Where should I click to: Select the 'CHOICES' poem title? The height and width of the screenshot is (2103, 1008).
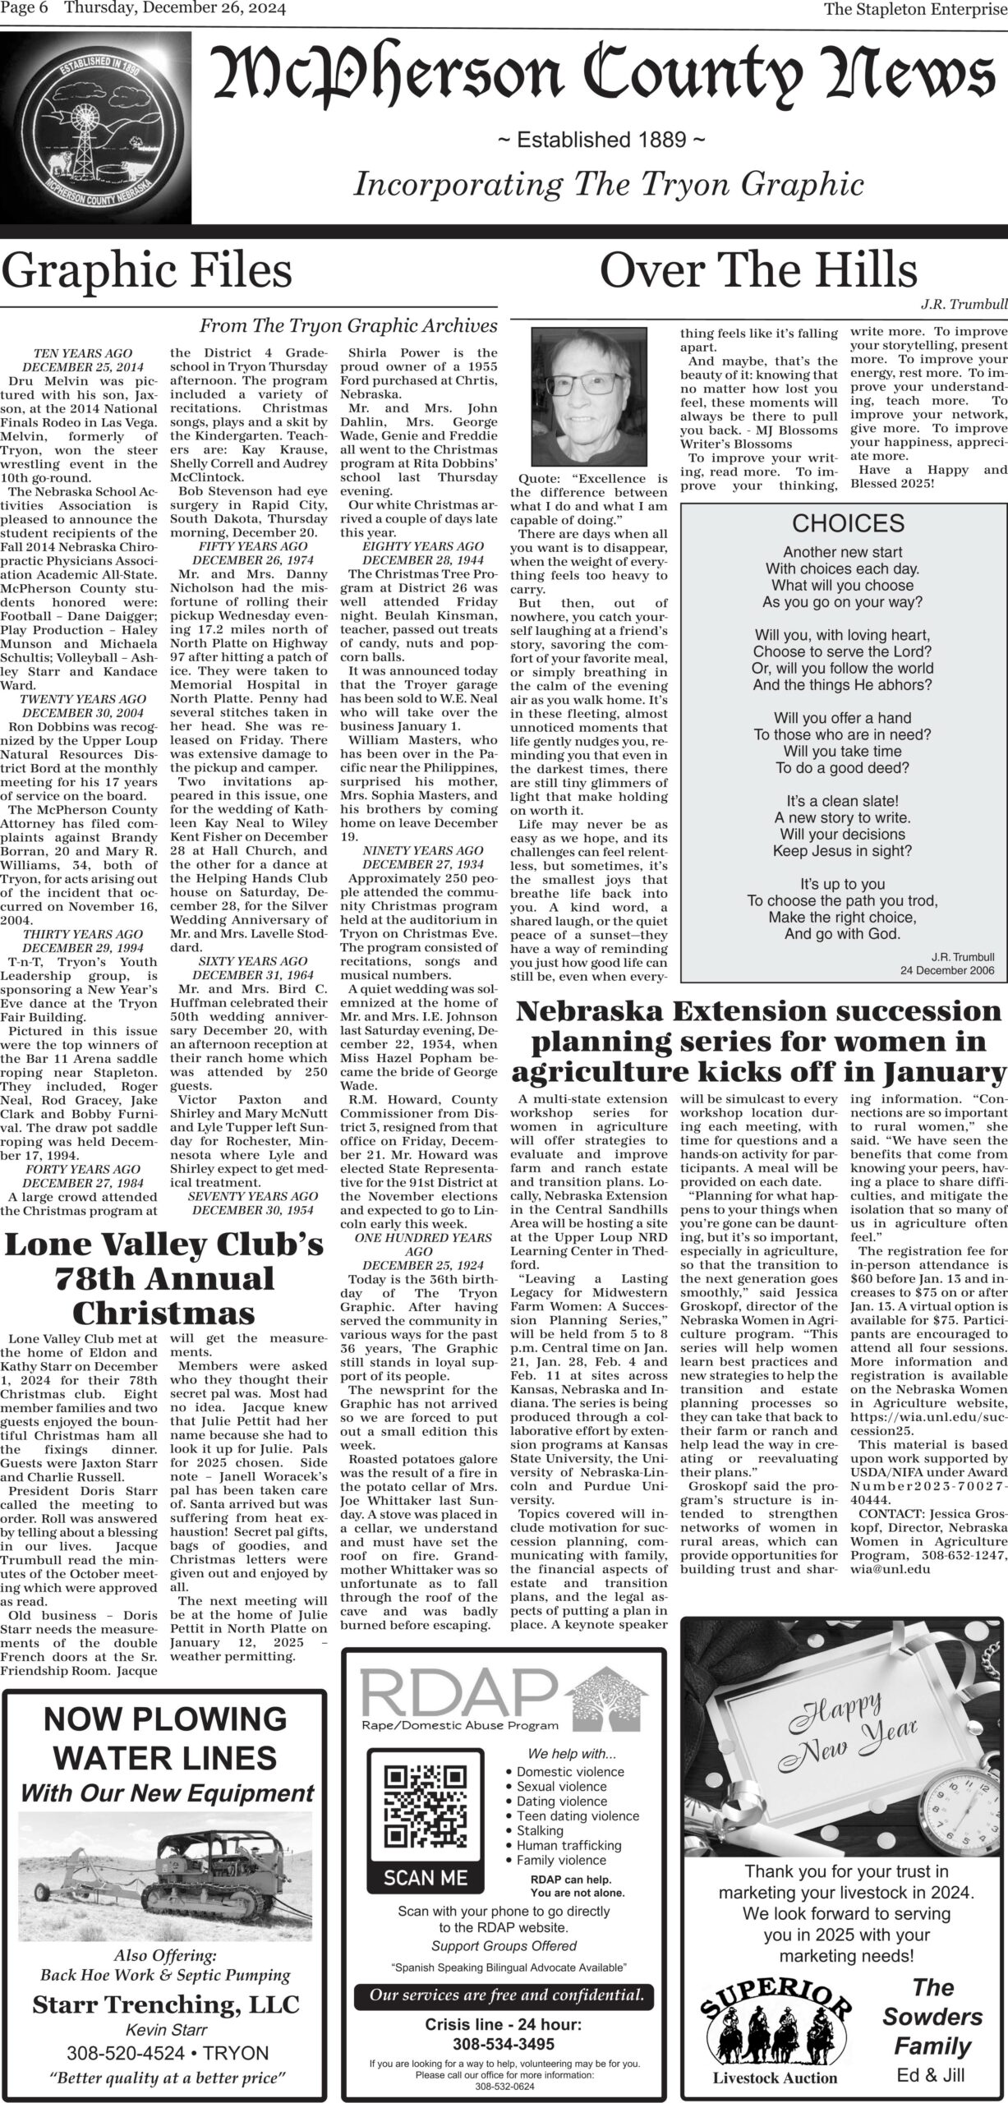848,523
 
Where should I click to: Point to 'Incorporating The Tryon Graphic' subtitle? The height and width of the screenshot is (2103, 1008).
609,184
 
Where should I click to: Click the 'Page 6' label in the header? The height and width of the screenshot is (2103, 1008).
25,10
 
